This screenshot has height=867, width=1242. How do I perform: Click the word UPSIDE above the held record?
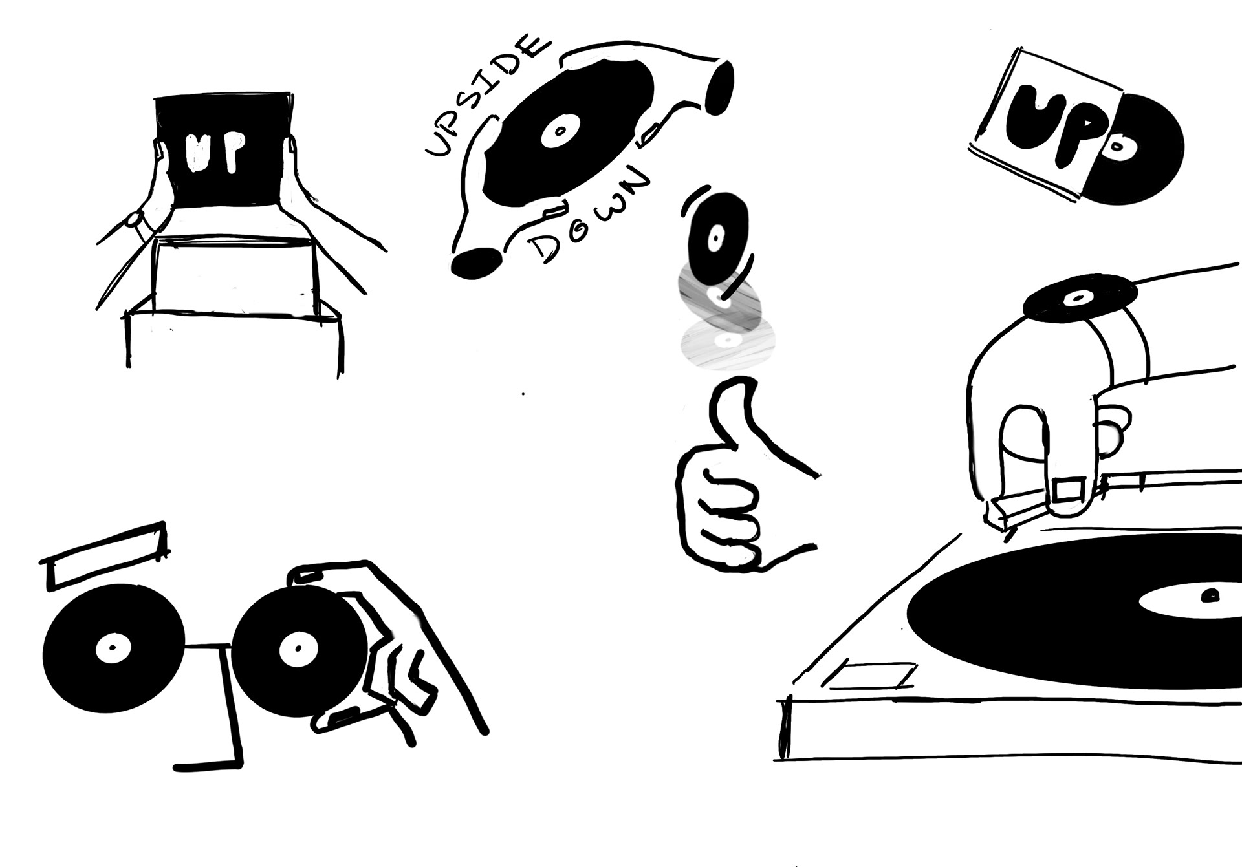[485, 97]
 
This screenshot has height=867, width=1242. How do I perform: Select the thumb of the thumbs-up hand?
[731, 414]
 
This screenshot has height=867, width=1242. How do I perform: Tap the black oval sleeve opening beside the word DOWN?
[475, 262]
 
